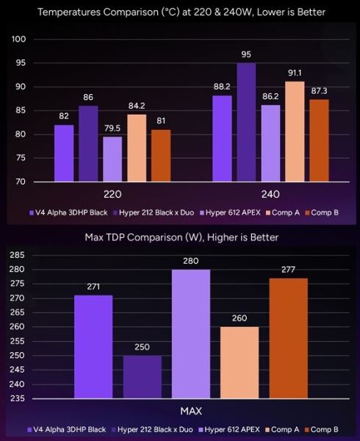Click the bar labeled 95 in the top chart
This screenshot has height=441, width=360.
point(247,122)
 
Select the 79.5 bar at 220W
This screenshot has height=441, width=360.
point(112,159)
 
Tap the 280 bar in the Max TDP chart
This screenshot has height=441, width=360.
point(190,334)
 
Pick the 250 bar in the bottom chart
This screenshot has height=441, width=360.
point(142,376)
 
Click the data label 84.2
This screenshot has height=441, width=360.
point(137,107)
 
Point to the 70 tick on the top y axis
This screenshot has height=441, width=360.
point(21,182)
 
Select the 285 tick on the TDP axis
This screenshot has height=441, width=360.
point(16,255)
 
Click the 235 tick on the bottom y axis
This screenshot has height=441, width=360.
point(16,398)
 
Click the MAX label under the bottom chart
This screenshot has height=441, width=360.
point(190,411)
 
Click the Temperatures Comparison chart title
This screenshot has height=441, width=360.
point(181,12)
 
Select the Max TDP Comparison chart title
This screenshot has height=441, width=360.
point(181,237)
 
